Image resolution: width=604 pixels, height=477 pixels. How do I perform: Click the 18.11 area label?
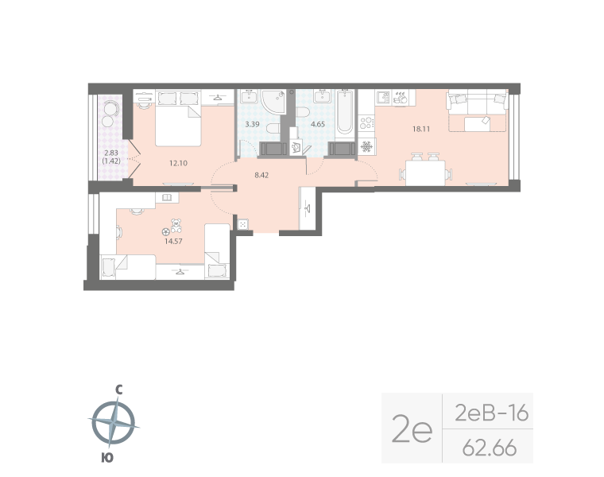[x=411, y=128]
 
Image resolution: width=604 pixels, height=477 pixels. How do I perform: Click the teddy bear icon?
[x=172, y=227]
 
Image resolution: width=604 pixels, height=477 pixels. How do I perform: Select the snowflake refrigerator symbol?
[x=366, y=146]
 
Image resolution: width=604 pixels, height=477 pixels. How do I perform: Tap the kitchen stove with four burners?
[x=366, y=123]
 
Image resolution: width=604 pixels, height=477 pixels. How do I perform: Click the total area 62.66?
[x=490, y=448]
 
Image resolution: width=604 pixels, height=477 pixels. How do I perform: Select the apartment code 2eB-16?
[x=490, y=413]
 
